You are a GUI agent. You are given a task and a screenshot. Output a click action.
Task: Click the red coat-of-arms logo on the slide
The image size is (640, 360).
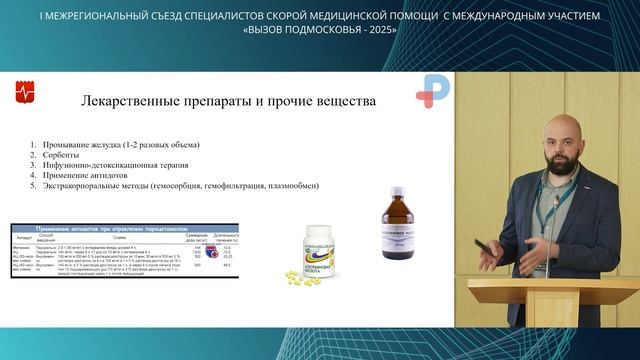click(27, 93)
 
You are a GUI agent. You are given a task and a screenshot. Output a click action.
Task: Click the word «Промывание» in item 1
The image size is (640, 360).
click(72, 145)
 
